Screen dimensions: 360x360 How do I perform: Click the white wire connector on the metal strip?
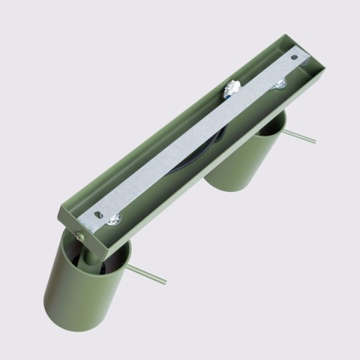point(232,89)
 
